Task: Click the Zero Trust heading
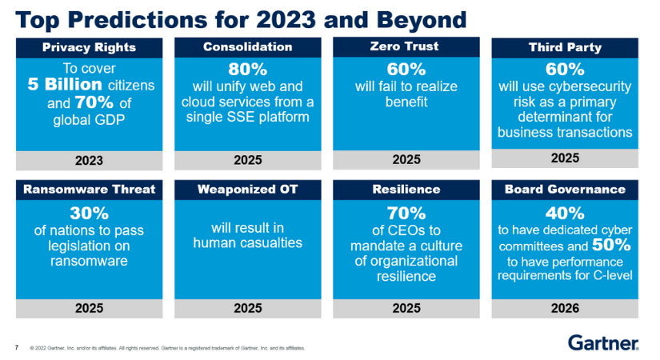(x=406, y=47)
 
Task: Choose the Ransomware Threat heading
(x=89, y=190)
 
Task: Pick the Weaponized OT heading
(x=247, y=190)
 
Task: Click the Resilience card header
(x=406, y=190)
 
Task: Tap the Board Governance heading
(x=565, y=190)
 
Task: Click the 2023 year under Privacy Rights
(x=89, y=160)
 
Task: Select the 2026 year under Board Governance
(x=565, y=307)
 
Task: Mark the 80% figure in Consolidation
(x=247, y=69)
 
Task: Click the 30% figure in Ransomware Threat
(x=89, y=214)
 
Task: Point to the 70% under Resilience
(x=406, y=214)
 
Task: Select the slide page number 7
(x=17, y=347)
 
